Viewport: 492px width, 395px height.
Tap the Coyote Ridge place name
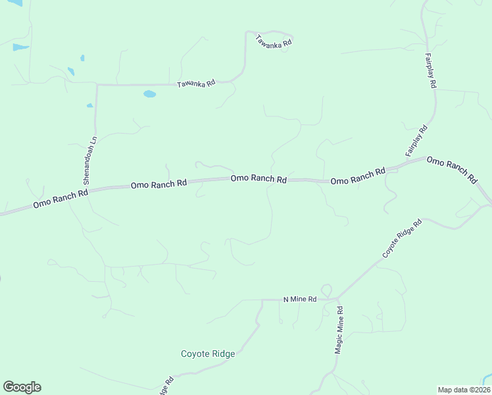(x=208, y=354)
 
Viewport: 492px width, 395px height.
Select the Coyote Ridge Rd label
(x=403, y=239)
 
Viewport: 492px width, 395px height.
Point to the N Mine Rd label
(x=300, y=299)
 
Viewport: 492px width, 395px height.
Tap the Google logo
(x=22, y=387)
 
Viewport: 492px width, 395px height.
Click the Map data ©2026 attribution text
(x=463, y=390)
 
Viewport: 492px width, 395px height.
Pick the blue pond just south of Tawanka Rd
(x=150, y=94)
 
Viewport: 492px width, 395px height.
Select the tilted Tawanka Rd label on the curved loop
(x=274, y=40)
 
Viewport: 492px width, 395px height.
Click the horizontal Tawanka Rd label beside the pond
(x=196, y=84)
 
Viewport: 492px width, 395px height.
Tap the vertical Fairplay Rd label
(x=431, y=71)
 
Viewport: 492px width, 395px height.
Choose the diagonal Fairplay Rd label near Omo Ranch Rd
(x=416, y=140)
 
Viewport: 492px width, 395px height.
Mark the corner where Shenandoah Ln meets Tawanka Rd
(x=97, y=85)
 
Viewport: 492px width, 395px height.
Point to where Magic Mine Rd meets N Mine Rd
(x=337, y=300)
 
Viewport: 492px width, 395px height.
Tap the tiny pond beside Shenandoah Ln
(x=89, y=105)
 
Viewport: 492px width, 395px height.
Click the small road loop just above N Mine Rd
(x=326, y=290)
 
